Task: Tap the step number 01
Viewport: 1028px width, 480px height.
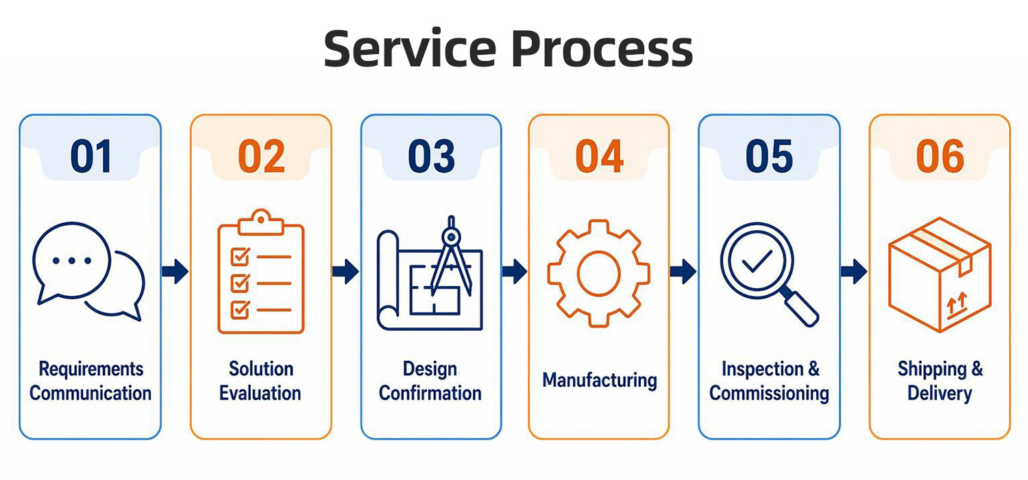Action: [91, 156]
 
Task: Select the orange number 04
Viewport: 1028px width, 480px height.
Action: [599, 156]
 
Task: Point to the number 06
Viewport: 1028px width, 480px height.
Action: [940, 156]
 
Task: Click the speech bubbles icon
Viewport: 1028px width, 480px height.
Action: [88, 271]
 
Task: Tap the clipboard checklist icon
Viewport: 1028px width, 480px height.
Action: [260, 271]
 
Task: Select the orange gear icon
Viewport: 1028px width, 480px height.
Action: [598, 273]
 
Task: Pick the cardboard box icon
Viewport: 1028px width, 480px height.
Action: [940, 275]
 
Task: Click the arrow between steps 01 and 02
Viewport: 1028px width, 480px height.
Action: [175, 271]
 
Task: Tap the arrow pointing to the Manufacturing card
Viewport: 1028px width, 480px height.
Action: [515, 271]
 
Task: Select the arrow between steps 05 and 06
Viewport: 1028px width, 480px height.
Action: [854, 271]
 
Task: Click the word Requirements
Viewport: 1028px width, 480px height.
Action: [91, 369]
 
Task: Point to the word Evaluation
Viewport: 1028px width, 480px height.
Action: [260, 393]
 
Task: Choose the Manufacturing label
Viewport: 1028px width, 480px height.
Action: [600, 381]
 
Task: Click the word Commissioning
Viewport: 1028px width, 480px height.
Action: [769, 394]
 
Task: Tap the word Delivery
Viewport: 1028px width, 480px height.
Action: [940, 394]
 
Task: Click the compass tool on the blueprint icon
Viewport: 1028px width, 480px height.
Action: [451, 256]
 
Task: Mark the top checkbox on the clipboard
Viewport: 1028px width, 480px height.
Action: [241, 256]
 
